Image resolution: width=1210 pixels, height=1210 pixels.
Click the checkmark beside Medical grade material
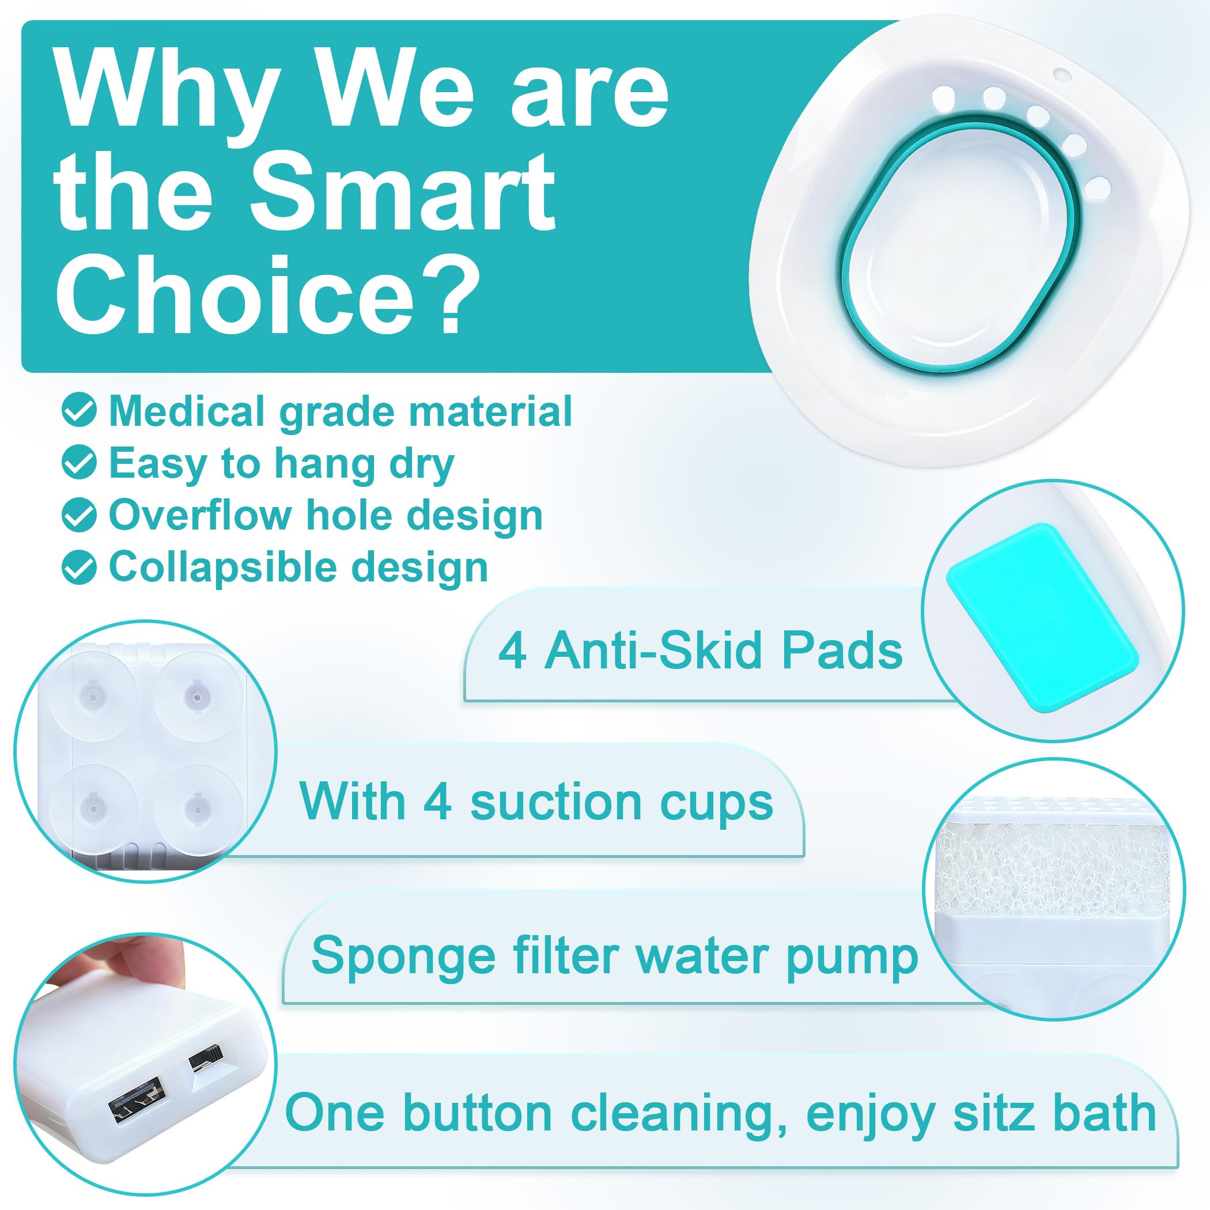coord(80,411)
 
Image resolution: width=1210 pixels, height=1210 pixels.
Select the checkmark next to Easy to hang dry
coord(80,463)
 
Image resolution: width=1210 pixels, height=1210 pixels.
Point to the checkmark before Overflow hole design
coord(80,516)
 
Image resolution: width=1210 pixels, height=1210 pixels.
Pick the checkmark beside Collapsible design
coord(80,568)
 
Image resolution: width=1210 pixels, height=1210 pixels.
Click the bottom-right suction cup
coord(199,806)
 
